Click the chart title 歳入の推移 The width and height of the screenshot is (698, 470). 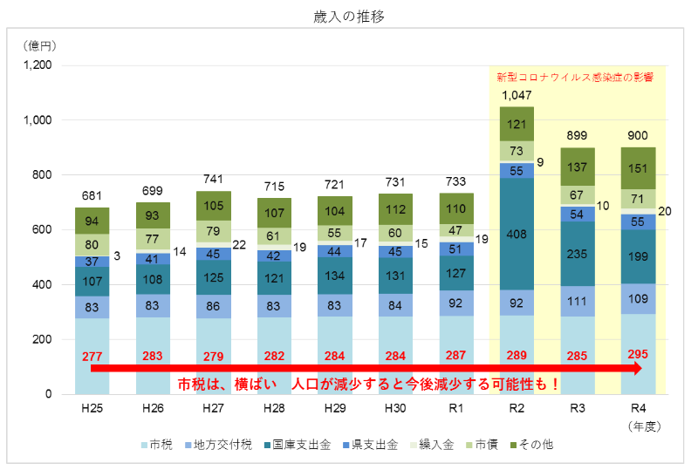(x=347, y=17)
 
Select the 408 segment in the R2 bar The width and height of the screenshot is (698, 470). (x=517, y=234)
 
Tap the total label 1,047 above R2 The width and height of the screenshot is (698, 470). (x=517, y=95)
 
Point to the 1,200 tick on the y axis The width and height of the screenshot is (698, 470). (x=38, y=65)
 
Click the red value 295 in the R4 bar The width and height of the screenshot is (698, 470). (x=639, y=356)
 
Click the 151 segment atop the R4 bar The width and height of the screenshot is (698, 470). (x=639, y=167)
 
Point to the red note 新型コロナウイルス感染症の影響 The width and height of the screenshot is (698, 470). (x=576, y=77)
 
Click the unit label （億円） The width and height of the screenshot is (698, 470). (x=40, y=44)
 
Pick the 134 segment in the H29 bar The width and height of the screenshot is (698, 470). (x=333, y=276)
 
